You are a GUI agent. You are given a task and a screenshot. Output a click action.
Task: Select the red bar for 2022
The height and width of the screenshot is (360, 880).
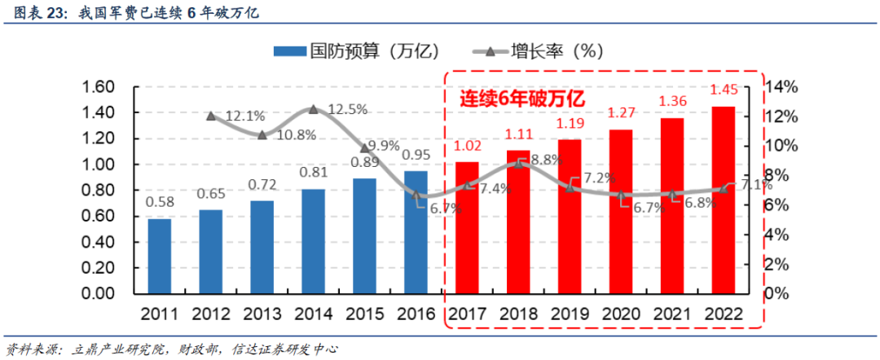pyautogui.click(x=723, y=199)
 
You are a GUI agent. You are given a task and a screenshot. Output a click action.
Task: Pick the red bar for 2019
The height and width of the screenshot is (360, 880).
pyautogui.click(x=570, y=216)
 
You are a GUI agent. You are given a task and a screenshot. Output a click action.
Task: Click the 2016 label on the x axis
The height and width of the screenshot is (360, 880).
pyautogui.click(x=416, y=314)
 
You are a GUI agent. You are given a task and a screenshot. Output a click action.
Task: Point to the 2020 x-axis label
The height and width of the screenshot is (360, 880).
pyautogui.click(x=621, y=314)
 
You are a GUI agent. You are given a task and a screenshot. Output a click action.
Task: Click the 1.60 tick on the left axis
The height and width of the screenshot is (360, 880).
pyautogui.click(x=103, y=87)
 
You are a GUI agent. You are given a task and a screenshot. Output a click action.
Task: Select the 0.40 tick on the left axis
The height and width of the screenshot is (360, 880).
pyautogui.click(x=103, y=242)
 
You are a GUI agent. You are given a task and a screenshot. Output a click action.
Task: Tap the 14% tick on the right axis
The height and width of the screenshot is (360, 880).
pyautogui.click(x=785, y=87)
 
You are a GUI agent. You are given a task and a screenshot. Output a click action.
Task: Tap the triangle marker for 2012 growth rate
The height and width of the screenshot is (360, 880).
pyautogui.click(x=211, y=116)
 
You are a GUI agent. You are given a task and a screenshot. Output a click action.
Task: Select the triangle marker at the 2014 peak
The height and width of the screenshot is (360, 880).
pyautogui.click(x=314, y=109)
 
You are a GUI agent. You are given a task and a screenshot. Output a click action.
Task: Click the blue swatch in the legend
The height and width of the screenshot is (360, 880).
pyautogui.click(x=288, y=50)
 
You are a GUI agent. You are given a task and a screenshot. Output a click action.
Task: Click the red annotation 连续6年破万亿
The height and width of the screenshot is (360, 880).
pyautogui.click(x=522, y=99)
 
